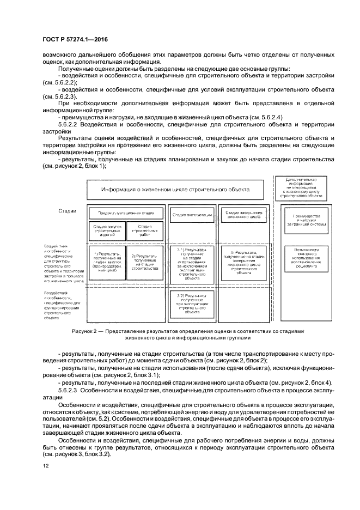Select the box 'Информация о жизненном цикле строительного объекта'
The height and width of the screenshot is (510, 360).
point(175,189)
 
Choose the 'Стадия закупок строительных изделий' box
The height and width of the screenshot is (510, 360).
point(107,230)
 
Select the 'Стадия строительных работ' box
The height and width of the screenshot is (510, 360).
point(144,230)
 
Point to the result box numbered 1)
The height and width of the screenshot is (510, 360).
point(107,262)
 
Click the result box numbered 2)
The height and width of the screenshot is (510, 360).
point(145,262)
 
